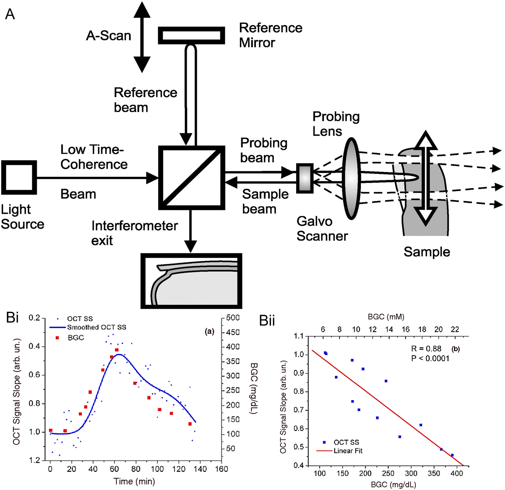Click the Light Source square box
point(19,178)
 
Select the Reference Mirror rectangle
point(191,36)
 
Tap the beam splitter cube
point(191,178)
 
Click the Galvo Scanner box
point(305,178)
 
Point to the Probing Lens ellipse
point(351,178)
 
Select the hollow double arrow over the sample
point(426,178)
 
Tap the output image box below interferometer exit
point(191,281)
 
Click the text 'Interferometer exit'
point(134,233)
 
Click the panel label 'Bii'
point(267,321)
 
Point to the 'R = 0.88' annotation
point(426,349)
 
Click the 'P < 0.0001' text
point(430,358)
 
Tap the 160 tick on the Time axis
point(222,469)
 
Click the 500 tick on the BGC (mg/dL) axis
point(233,318)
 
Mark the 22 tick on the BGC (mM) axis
point(455,330)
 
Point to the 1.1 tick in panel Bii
point(298,336)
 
